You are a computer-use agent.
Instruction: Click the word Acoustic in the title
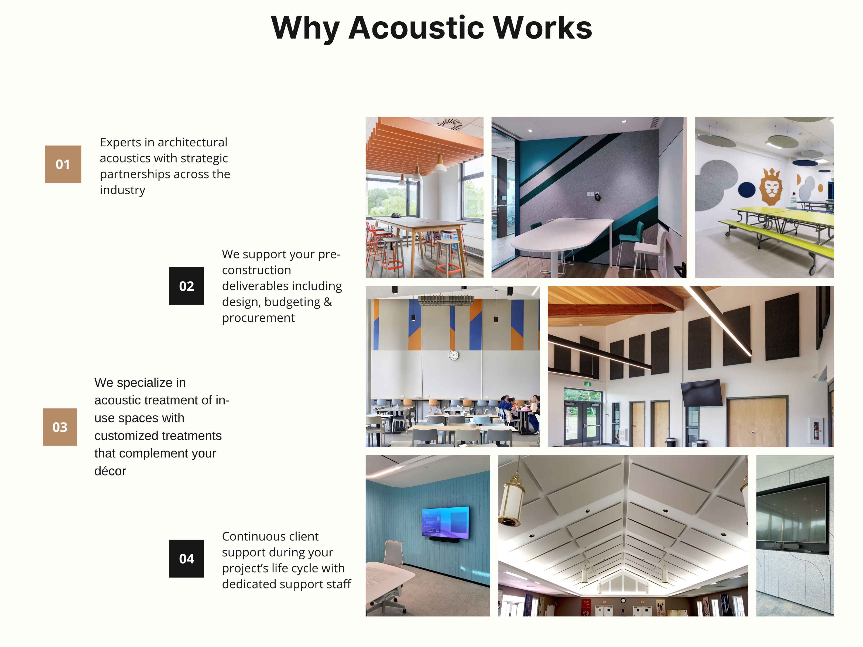416,28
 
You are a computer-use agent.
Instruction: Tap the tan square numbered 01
63,164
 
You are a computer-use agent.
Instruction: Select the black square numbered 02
187,286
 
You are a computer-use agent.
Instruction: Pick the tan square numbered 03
60,427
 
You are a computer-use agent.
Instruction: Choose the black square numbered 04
187,559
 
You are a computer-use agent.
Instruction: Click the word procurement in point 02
258,318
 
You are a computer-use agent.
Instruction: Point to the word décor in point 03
110,471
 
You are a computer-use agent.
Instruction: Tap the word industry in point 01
122,190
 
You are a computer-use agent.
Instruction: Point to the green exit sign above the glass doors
587,384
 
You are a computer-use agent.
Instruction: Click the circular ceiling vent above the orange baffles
450,124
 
